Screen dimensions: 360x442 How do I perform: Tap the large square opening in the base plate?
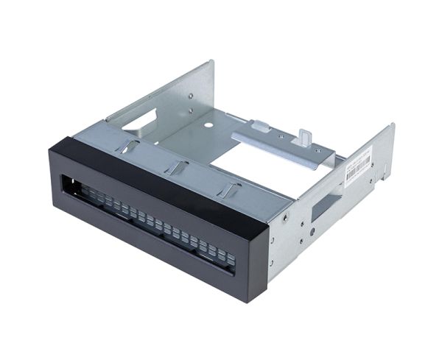tap(243, 158)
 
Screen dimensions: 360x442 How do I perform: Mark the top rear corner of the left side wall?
tap(211, 62)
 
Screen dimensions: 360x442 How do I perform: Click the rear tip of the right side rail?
tap(391, 127)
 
